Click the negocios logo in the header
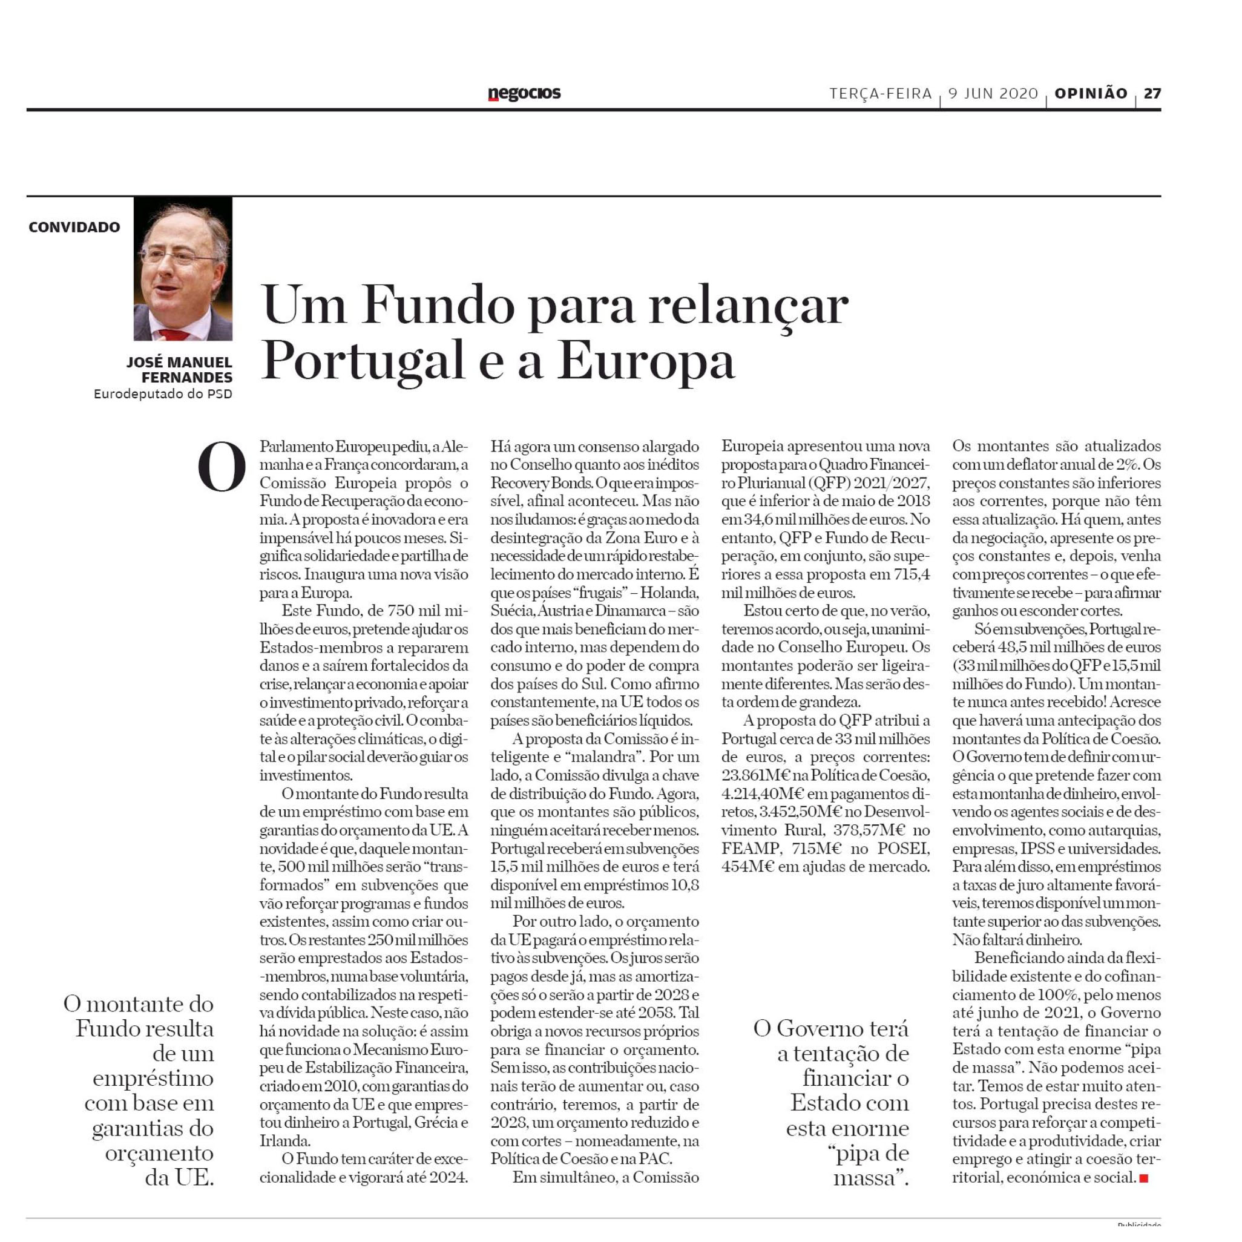click(x=524, y=94)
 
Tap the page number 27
click(x=1152, y=93)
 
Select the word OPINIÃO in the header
click(x=1091, y=93)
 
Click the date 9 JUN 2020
click(x=993, y=94)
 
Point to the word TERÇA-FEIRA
click(x=881, y=94)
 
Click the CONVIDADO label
click(x=74, y=227)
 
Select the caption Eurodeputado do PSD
click(x=163, y=393)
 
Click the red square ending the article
click(x=1143, y=1178)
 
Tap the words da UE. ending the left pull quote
click(x=179, y=1177)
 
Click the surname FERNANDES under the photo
click(x=187, y=377)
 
